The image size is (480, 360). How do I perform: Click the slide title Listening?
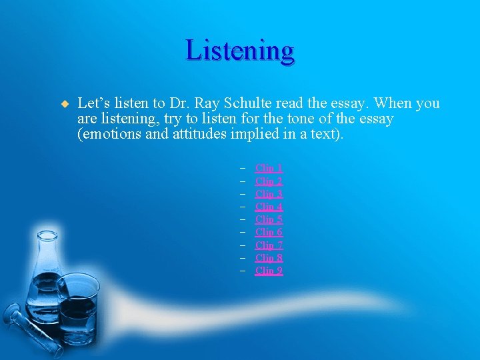[240, 51]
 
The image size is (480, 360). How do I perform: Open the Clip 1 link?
[269, 169]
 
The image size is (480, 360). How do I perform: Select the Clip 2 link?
[269, 181]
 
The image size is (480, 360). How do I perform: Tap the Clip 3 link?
[269, 194]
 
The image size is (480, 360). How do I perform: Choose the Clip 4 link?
[269, 207]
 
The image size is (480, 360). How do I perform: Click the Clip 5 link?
[269, 219]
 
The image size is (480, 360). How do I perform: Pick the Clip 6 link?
[269, 232]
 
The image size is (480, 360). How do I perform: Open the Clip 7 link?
[269, 245]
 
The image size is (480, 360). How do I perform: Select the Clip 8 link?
[269, 258]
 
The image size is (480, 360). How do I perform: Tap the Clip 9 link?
[269, 271]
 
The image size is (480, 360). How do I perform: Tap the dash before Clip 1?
[245, 169]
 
